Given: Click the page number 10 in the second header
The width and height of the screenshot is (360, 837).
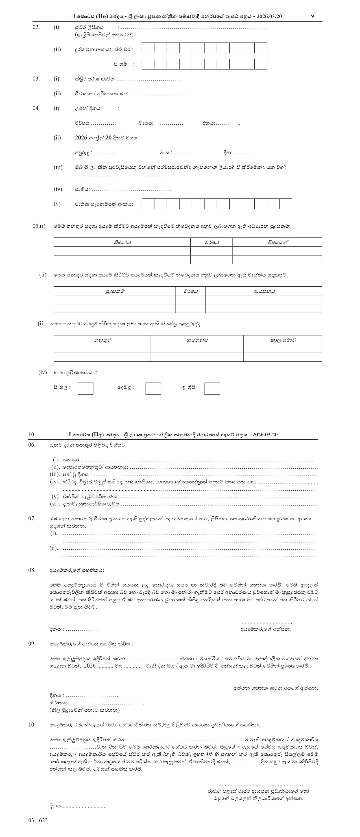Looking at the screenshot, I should click(31, 434).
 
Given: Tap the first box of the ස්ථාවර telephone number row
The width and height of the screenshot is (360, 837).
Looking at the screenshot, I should click(148, 48).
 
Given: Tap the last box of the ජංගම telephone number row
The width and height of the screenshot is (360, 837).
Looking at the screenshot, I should click(261, 64).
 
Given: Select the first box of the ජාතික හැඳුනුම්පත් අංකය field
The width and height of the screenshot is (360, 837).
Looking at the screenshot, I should click(148, 204).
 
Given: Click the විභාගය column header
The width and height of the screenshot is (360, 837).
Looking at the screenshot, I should click(122, 242).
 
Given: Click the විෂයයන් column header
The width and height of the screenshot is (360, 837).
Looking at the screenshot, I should click(277, 242).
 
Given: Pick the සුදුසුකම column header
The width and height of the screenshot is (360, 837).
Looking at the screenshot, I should click(115, 291).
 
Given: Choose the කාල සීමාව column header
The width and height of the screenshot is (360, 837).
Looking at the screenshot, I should click(283, 340).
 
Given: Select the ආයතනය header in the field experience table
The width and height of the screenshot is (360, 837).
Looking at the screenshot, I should click(197, 340).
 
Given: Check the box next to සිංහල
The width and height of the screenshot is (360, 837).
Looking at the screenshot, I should click(86, 388).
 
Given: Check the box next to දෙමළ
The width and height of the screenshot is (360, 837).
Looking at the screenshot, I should click(153, 388).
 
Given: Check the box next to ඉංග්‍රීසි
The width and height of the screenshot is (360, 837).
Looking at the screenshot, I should click(212, 388).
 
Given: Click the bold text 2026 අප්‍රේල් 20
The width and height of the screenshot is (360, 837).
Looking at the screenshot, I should click(93, 138).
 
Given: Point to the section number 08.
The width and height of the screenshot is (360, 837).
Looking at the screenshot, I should click(32, 570).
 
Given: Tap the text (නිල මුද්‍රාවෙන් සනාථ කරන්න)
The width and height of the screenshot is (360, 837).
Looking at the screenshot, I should click(84, 710).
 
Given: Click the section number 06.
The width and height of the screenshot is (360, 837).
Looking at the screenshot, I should click(32, 445).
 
